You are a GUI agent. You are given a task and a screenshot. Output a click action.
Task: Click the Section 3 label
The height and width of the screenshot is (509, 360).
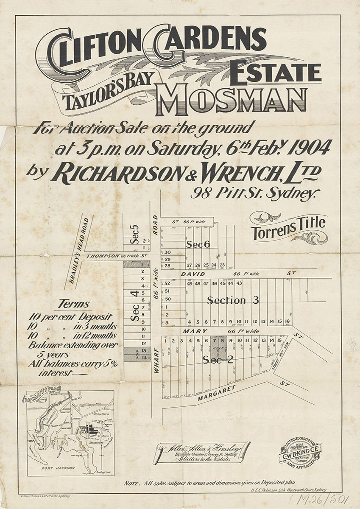233,300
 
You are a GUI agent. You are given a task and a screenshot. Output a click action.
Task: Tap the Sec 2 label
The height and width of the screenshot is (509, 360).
218,360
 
